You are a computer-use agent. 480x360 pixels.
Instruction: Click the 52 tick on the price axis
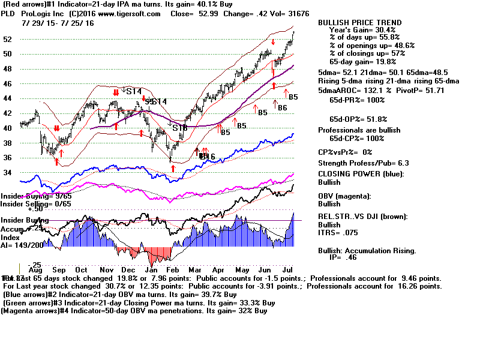(x=8, y=40)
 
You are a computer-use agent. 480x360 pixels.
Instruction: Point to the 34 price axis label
(x=8, y=173)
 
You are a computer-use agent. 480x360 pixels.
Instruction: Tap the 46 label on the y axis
(x=8, y=84)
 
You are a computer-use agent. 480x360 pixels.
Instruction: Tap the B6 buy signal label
(x=282, y=107)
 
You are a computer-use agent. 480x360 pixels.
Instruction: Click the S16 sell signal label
(x=180, y=128)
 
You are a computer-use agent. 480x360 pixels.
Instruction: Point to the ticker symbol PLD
(x=8, y=14)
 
